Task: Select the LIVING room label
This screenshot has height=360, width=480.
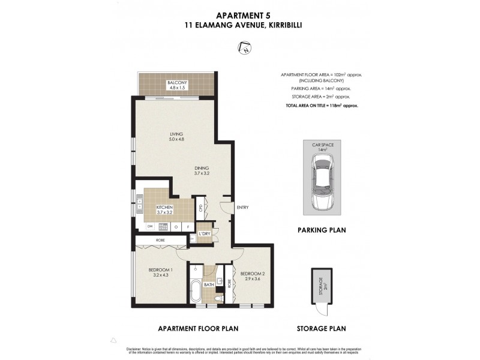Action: point(176,134)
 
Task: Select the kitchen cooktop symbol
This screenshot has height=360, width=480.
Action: point(162,226)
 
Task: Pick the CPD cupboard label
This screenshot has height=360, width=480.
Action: point(200,209)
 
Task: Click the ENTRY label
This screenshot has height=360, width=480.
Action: point(242,208)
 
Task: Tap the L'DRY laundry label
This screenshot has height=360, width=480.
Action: point(204,233)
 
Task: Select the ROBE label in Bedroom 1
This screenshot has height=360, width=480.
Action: point(161,240)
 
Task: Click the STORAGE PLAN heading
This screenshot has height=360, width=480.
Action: point(321,328)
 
